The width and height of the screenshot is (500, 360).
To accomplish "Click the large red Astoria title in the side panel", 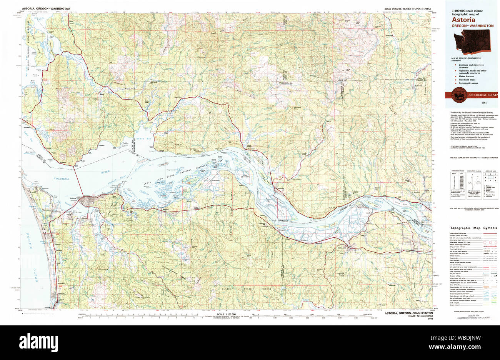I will coord(463,19).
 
